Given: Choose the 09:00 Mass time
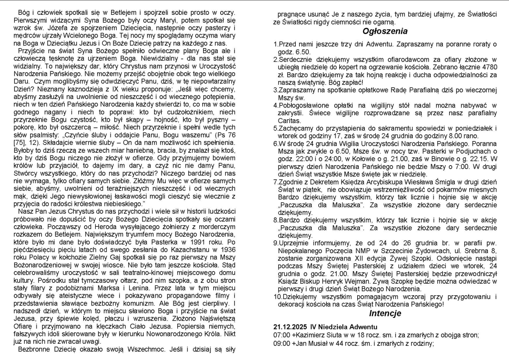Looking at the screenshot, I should pos(281,343).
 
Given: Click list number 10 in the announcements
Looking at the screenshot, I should pos(277,298).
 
